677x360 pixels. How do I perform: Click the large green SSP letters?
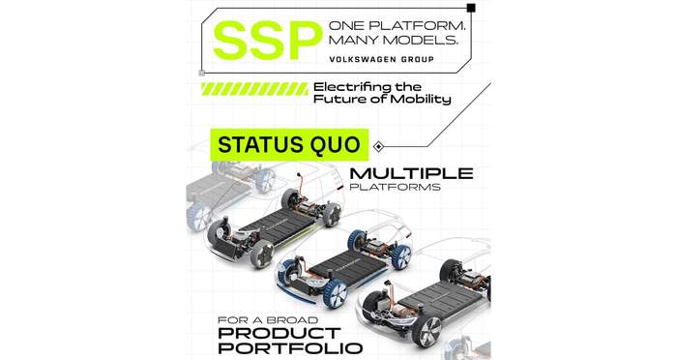click(x=268, y=41)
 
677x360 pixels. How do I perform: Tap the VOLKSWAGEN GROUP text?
click(x=381, y=59)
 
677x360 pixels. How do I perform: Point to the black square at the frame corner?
click(x=471, y=8)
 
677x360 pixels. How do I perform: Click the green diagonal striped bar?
click(x=254, y=89)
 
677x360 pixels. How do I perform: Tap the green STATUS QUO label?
click(x=289, y=144)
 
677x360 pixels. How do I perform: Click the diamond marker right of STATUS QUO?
click(x=378, y=147)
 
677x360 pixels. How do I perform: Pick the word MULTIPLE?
click(x=411, y=173)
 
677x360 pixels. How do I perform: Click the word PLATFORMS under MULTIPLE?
click(x=395, y=187)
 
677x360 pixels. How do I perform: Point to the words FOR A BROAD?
click(x=268, y=320)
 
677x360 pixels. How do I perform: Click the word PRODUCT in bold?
click(x=280, y=333)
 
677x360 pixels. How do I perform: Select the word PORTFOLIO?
click(x=290, y=347)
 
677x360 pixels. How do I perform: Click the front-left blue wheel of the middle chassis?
click(x=335, y=293)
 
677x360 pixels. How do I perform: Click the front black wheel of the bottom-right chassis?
click(x=427, y=331)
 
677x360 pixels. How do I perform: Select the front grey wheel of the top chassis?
click(x=262, y=254)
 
